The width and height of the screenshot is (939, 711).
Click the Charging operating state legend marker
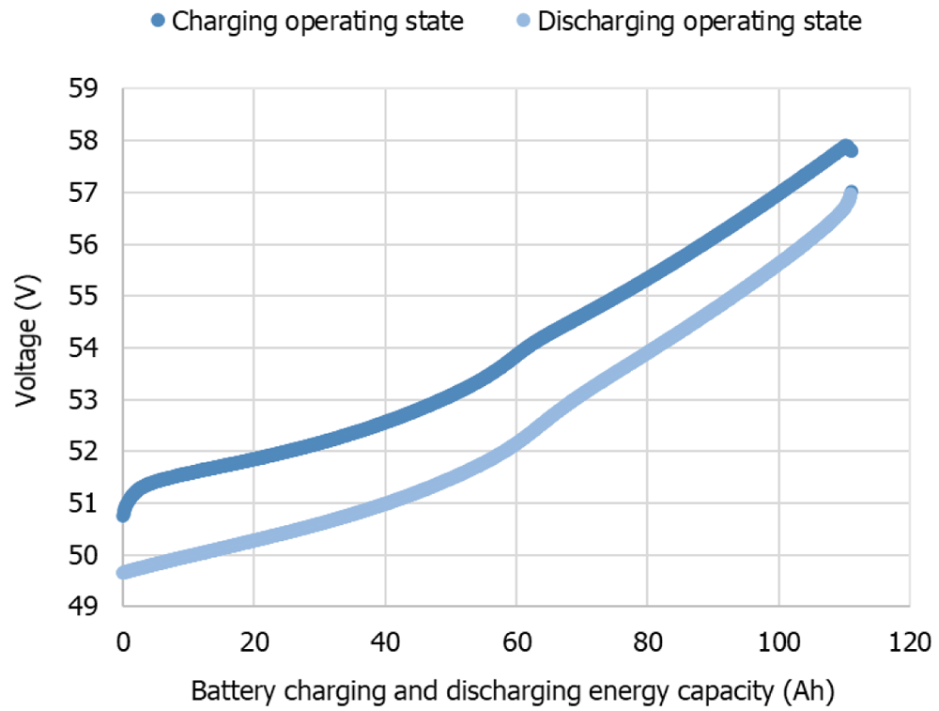[158, 21]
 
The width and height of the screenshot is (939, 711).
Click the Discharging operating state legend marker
[523, 21]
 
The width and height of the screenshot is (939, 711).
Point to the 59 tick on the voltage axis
[83, 88]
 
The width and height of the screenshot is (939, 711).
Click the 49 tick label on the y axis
[83, 607]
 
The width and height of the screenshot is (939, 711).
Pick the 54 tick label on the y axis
[83, 348]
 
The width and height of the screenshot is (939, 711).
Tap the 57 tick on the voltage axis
[83, 193]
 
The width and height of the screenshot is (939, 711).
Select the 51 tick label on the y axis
[83, 503]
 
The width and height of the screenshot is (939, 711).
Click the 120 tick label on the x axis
[910, 642]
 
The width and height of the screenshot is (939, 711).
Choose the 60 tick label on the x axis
[516, 642]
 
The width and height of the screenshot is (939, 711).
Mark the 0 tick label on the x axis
[123, 642]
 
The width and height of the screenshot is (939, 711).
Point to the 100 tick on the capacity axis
[778, 642]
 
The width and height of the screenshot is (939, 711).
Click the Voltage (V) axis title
[27, 340]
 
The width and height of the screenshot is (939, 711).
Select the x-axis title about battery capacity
[513, 691]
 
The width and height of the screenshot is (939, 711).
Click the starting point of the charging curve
[123, 515]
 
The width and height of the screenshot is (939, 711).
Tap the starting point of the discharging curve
[123, 573]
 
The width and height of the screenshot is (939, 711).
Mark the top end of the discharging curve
[851, 193]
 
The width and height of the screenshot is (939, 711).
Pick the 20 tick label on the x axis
[254, 642]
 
